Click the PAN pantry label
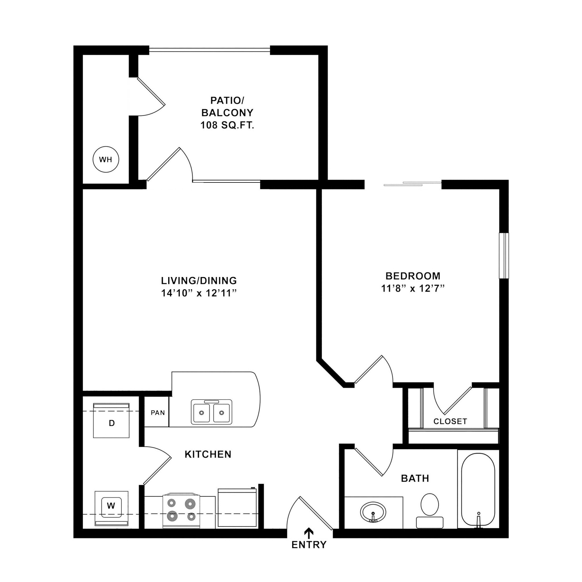click(x=158, y=412)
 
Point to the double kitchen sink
click(x=211, y=412)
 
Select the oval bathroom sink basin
click(x=373, y=512)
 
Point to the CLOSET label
click(x=450, y=421)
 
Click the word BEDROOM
click(x=413, y=276)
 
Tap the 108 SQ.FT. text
click(x=227, y=125)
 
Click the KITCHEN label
click(x=208, y=454)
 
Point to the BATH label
click(x=415, y=478)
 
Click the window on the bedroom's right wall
click(x=504, y=255)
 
